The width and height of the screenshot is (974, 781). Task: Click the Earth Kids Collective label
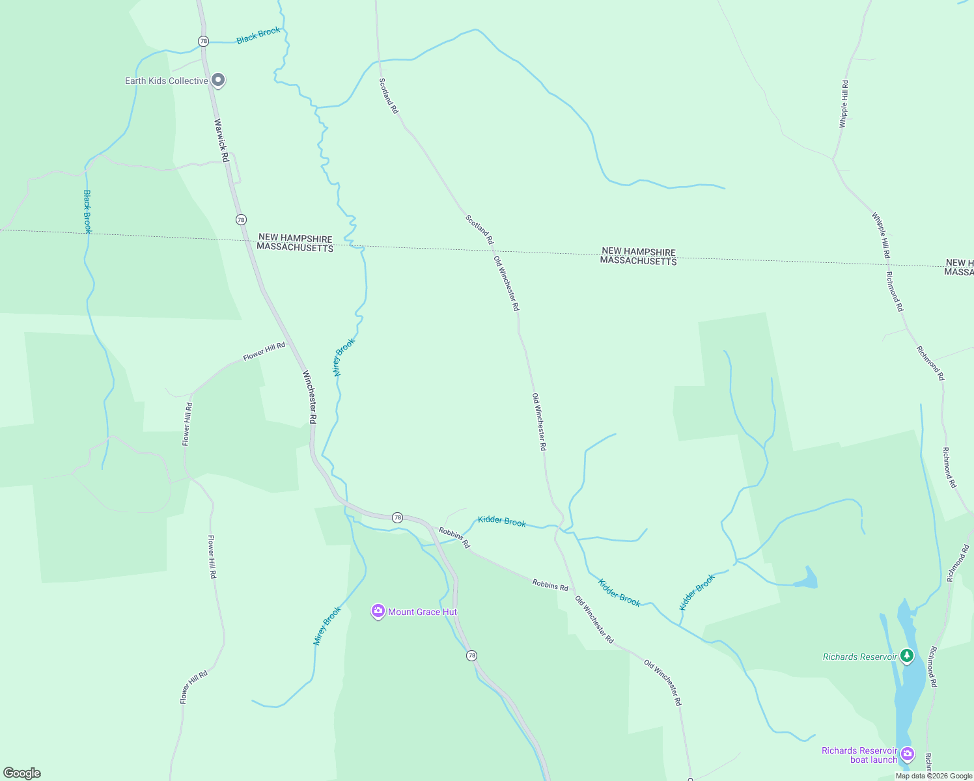167,81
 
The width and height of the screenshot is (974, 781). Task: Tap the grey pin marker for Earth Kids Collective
219,80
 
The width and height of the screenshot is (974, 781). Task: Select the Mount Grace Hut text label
423,612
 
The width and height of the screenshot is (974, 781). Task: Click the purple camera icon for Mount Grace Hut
378,611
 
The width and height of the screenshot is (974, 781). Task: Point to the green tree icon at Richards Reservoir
907,655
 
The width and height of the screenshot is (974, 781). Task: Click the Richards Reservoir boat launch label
859,755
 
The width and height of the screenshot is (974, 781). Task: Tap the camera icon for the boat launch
908,754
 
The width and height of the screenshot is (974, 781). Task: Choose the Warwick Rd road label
221,140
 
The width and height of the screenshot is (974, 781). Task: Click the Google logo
22,773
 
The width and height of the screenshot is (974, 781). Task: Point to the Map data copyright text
933,776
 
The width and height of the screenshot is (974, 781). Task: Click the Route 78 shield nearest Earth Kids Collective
203,41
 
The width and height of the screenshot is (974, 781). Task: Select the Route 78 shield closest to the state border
241,219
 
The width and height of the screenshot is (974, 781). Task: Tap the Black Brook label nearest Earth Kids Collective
258,35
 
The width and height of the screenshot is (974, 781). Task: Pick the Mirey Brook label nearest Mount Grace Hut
327,625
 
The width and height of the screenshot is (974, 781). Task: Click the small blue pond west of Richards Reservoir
809,579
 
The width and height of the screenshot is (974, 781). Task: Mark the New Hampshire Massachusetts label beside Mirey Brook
295,243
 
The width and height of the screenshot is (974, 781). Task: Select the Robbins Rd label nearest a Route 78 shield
454,537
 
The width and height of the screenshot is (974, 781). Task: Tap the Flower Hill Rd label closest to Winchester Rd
264,351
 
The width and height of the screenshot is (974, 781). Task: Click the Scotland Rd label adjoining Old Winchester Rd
480,229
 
